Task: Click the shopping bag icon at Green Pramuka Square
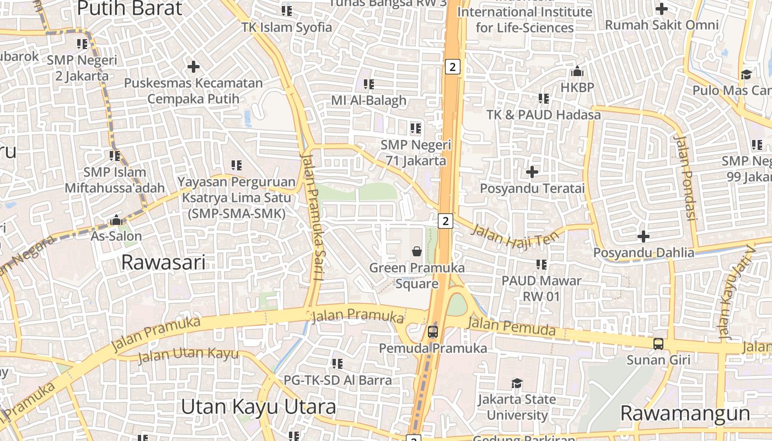click(417, 251)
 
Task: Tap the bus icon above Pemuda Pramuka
click(433, 332)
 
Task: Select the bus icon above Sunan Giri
click(658, 344)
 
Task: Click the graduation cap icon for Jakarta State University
click(517, 383)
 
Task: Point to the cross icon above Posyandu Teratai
click(532, 172)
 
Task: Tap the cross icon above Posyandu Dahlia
click(643, 236)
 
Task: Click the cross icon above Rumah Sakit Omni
click(662, 9)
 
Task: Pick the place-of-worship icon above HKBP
click(577, 71)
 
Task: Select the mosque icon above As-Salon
click(116, 220)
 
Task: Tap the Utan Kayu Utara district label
click(258, 407)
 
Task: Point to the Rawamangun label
click(685, 413)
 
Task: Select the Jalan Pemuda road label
click(511, 326)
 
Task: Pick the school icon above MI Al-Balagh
click(369, 84)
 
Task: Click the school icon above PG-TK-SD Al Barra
click(337, 364)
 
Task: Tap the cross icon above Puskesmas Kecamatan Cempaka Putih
click(193, 67)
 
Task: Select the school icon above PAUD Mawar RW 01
click(542, 265)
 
